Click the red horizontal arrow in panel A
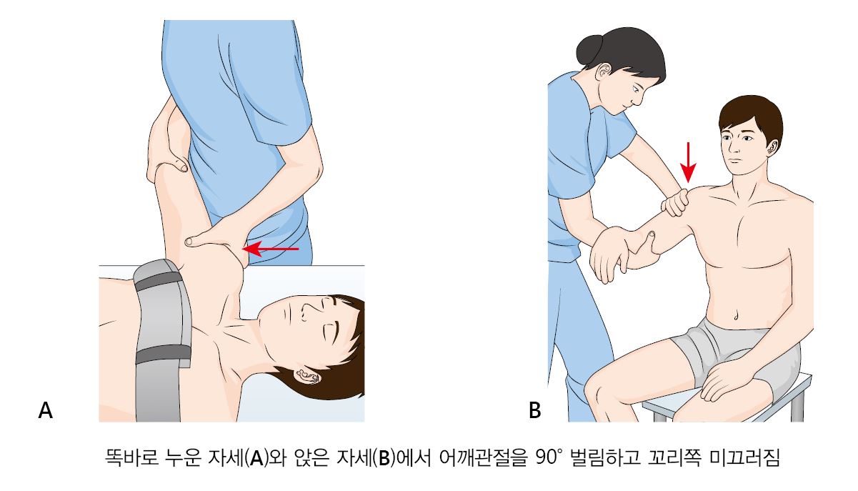click(x=271, y=249)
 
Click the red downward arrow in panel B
click(x=688, y=162)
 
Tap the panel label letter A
click(x=45, y=410)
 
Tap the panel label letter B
click(x=534, y=410)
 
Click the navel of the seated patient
click(x=736, y=316)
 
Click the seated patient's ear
click(x=773, y=147)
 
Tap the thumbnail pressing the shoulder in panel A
click(x=189, y=242)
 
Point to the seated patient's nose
click(x=732, y=147)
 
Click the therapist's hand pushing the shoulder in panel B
click(x=676, y=202)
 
